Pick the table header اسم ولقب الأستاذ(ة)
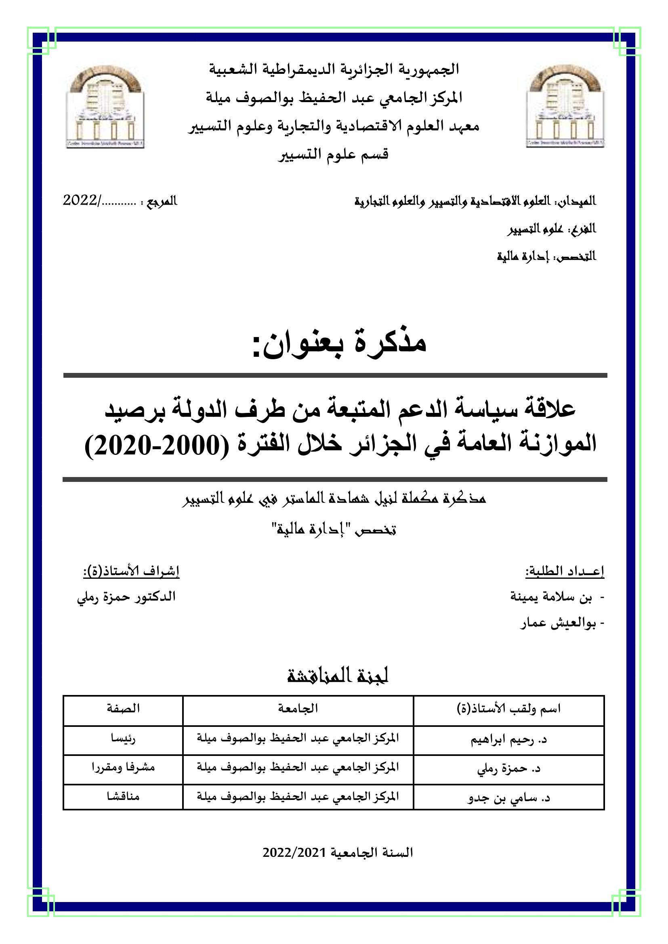pos(509,709)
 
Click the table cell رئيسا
pos(123,739)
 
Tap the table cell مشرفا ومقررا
pos(123,767)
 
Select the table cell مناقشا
pos(123,796)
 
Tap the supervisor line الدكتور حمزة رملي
pos(126,597)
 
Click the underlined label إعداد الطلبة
pos(565,571)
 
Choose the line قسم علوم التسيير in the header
pos(333,155)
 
